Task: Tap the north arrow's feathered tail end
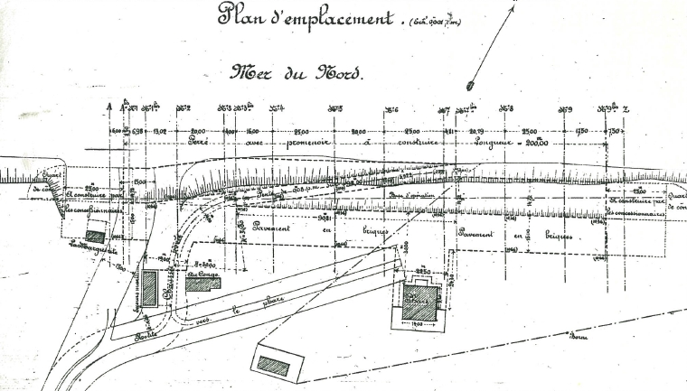(x=471, y=87)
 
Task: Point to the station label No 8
(x=506, y=108)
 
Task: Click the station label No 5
(x=335, y=109)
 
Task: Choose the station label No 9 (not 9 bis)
(x=564, y=109)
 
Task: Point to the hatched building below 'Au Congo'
(x=203, y=283)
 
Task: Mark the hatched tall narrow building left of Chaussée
(x=149, y=287)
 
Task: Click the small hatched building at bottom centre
(x=273, y=365)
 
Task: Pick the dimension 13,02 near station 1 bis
(x=160, y=131)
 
